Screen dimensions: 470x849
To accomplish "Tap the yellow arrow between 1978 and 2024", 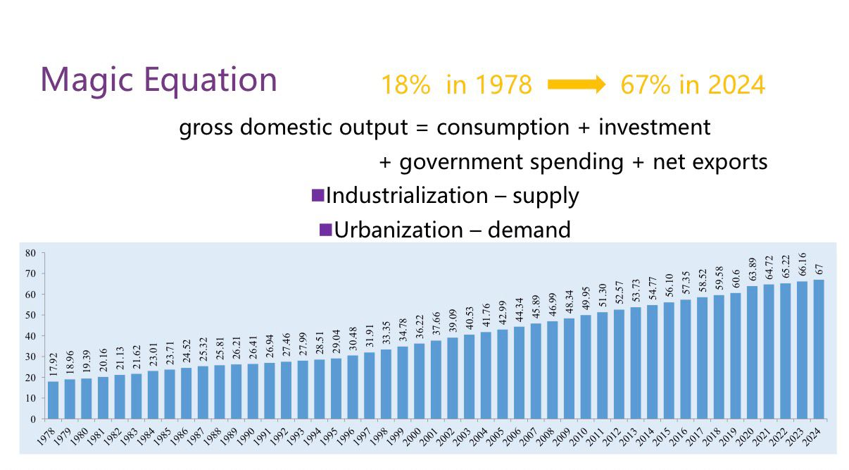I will [x=576, y=85].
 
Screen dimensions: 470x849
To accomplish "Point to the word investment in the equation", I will [x=654, y=128].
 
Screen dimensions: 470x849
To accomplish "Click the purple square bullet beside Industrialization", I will [x=317, y=195].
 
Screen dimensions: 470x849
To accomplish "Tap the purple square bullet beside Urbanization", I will [x=325, y=229].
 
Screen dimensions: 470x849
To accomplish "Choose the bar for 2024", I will [x=818, y=350].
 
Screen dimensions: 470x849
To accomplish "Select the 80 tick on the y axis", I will [x=30, y=253].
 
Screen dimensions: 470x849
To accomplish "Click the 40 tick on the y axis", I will [x=30, y=336].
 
